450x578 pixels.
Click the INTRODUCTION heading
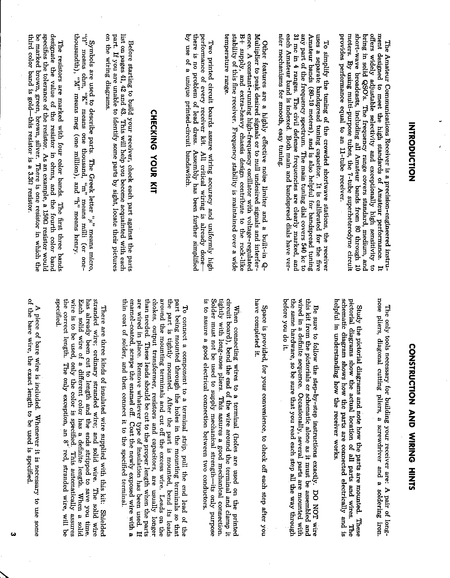point(411,152)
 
